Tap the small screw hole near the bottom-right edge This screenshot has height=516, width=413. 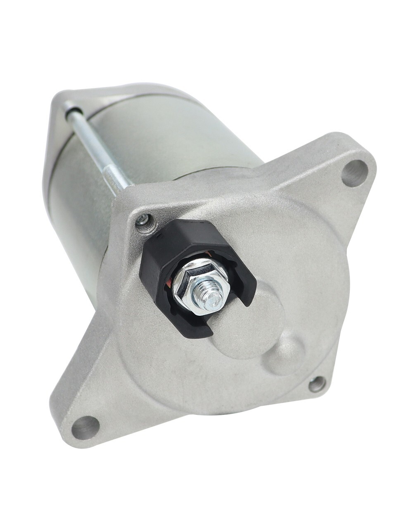pos(317,384)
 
